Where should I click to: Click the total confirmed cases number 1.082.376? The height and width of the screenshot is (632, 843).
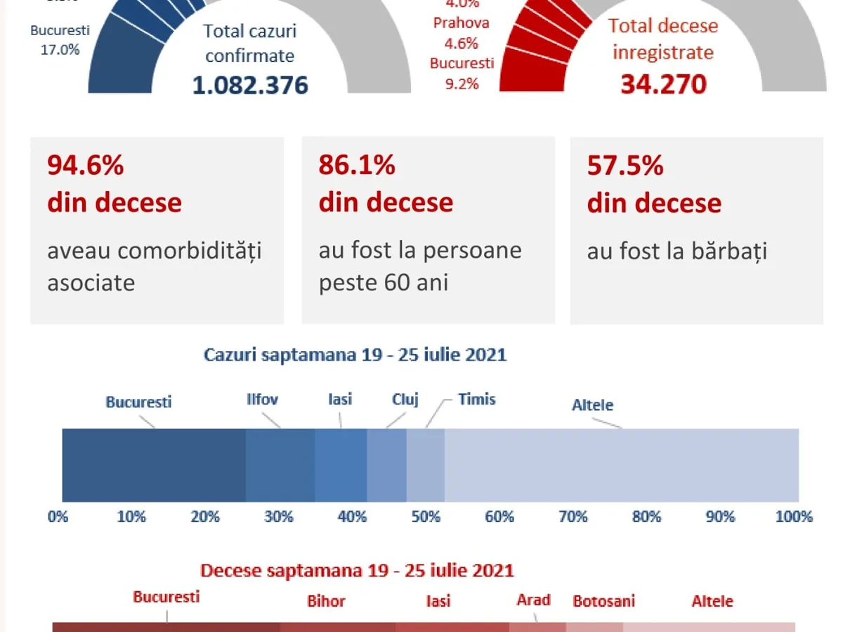point(250,85)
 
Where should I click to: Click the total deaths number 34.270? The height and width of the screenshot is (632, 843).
point(663,84)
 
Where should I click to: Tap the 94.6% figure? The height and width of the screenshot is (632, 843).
point(86,166)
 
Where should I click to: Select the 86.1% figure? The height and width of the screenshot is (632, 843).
point(357,166)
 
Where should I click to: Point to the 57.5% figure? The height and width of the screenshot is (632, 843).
point(625,166)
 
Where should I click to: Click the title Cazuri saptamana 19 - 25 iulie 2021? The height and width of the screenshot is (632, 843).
point(355,355)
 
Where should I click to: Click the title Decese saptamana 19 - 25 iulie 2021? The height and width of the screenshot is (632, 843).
point(357,570)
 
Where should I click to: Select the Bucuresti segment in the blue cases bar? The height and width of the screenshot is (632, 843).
point(154,465)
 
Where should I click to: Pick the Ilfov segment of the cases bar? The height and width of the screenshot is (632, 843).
point(280,465)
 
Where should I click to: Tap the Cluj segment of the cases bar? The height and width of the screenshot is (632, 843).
point(386,465)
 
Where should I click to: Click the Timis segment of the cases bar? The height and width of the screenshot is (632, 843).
point(426,465)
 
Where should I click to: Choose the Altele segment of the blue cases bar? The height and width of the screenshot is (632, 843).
point(622,465)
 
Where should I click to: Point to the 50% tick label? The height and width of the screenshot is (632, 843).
point(426,517)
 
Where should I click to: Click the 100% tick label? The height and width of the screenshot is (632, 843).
point(794,517)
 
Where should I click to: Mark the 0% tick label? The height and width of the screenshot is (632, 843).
point(58,517)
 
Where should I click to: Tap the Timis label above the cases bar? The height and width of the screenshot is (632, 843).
point(477,400)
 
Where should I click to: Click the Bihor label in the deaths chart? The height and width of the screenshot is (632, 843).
point(327,602)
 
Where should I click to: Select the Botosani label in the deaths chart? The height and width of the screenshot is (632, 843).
point(604,601)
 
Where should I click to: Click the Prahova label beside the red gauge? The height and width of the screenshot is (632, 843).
point(461,23)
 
